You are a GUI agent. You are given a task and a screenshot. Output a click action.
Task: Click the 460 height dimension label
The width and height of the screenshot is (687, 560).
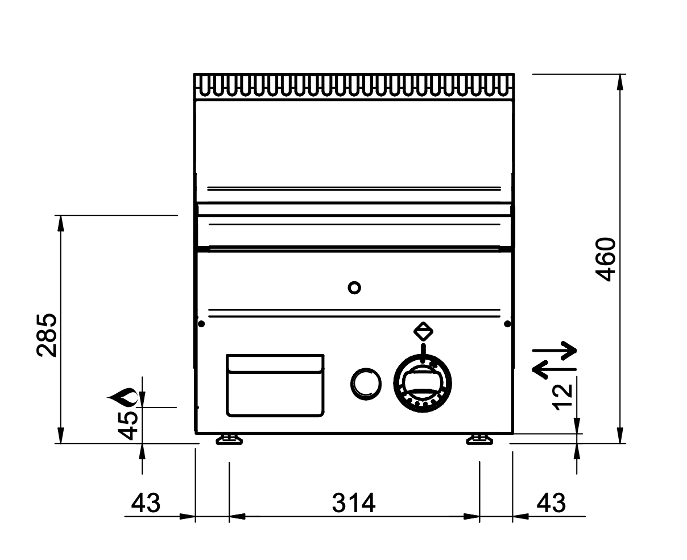click(605, 260)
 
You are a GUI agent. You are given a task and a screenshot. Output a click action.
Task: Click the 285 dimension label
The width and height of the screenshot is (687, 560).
click(47, 335)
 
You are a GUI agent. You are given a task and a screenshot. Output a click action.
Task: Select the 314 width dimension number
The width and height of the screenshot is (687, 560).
click(354, 503)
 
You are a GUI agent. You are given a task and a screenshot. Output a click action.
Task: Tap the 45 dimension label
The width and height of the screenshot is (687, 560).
click(128, 426)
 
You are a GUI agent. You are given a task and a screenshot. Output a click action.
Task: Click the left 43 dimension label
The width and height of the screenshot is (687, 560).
click(146, 503)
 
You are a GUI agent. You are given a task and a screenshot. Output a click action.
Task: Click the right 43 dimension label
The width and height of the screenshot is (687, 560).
click(551, 503)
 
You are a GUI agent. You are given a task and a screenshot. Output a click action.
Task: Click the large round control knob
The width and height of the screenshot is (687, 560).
click(423, 384)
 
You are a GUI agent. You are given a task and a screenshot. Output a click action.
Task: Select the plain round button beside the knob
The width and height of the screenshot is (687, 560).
click(366, 384)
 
